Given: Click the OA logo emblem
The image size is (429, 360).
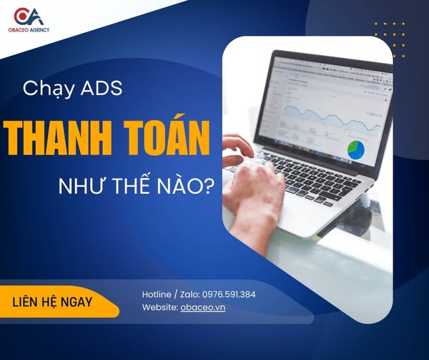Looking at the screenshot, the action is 29,16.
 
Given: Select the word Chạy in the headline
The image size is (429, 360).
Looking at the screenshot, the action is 49,89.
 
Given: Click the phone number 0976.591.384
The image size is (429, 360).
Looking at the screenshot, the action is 229,295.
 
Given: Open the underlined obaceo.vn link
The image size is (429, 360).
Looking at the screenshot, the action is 203,307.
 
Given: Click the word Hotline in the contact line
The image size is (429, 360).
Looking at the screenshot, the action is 157,295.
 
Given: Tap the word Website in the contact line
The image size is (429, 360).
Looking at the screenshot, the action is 160,307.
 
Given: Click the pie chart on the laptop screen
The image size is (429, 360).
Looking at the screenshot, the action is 355,150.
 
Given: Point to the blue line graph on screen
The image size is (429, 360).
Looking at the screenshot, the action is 332,117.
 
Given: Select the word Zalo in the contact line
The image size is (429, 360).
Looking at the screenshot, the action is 189,295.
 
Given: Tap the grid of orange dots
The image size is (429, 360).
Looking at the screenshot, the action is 390,40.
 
